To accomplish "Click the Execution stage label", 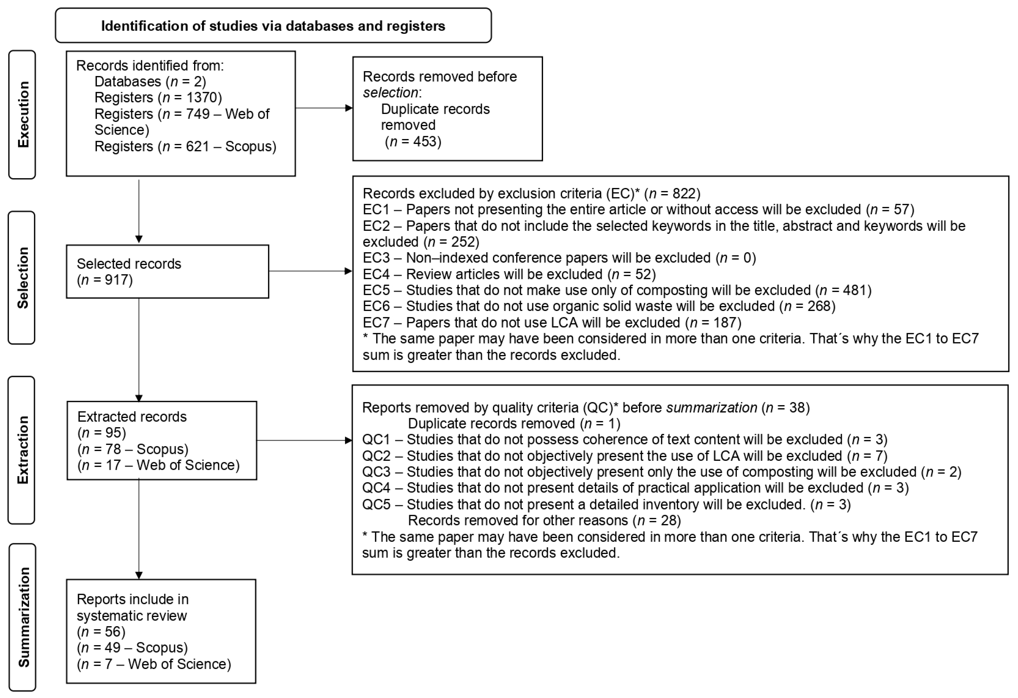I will pyautogui.click(x=23, y=114).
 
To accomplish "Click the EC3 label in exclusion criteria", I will pyautogui.click(x=376, y=258).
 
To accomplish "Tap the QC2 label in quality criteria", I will pyautogui.click(x=376, y=456).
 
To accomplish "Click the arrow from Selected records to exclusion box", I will pyautogui.click(x=310, y=271).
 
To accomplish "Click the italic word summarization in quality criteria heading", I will pyautogui.click(x=711, y=407).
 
